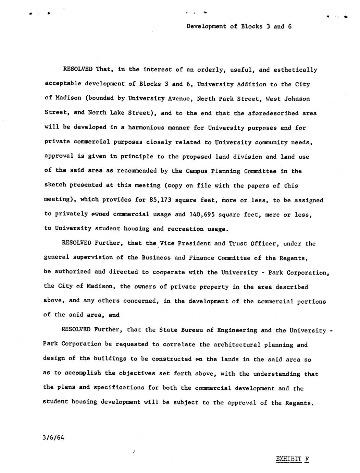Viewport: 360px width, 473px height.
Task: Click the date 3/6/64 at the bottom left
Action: pos(53,437)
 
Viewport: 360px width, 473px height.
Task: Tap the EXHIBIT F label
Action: pos(292,459)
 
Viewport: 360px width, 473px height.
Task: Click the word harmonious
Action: pos(146,128)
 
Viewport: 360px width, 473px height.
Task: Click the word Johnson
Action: pos(297,99)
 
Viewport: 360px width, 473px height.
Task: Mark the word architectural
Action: pos(235,345)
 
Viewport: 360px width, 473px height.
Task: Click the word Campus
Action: pos(197,171)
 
